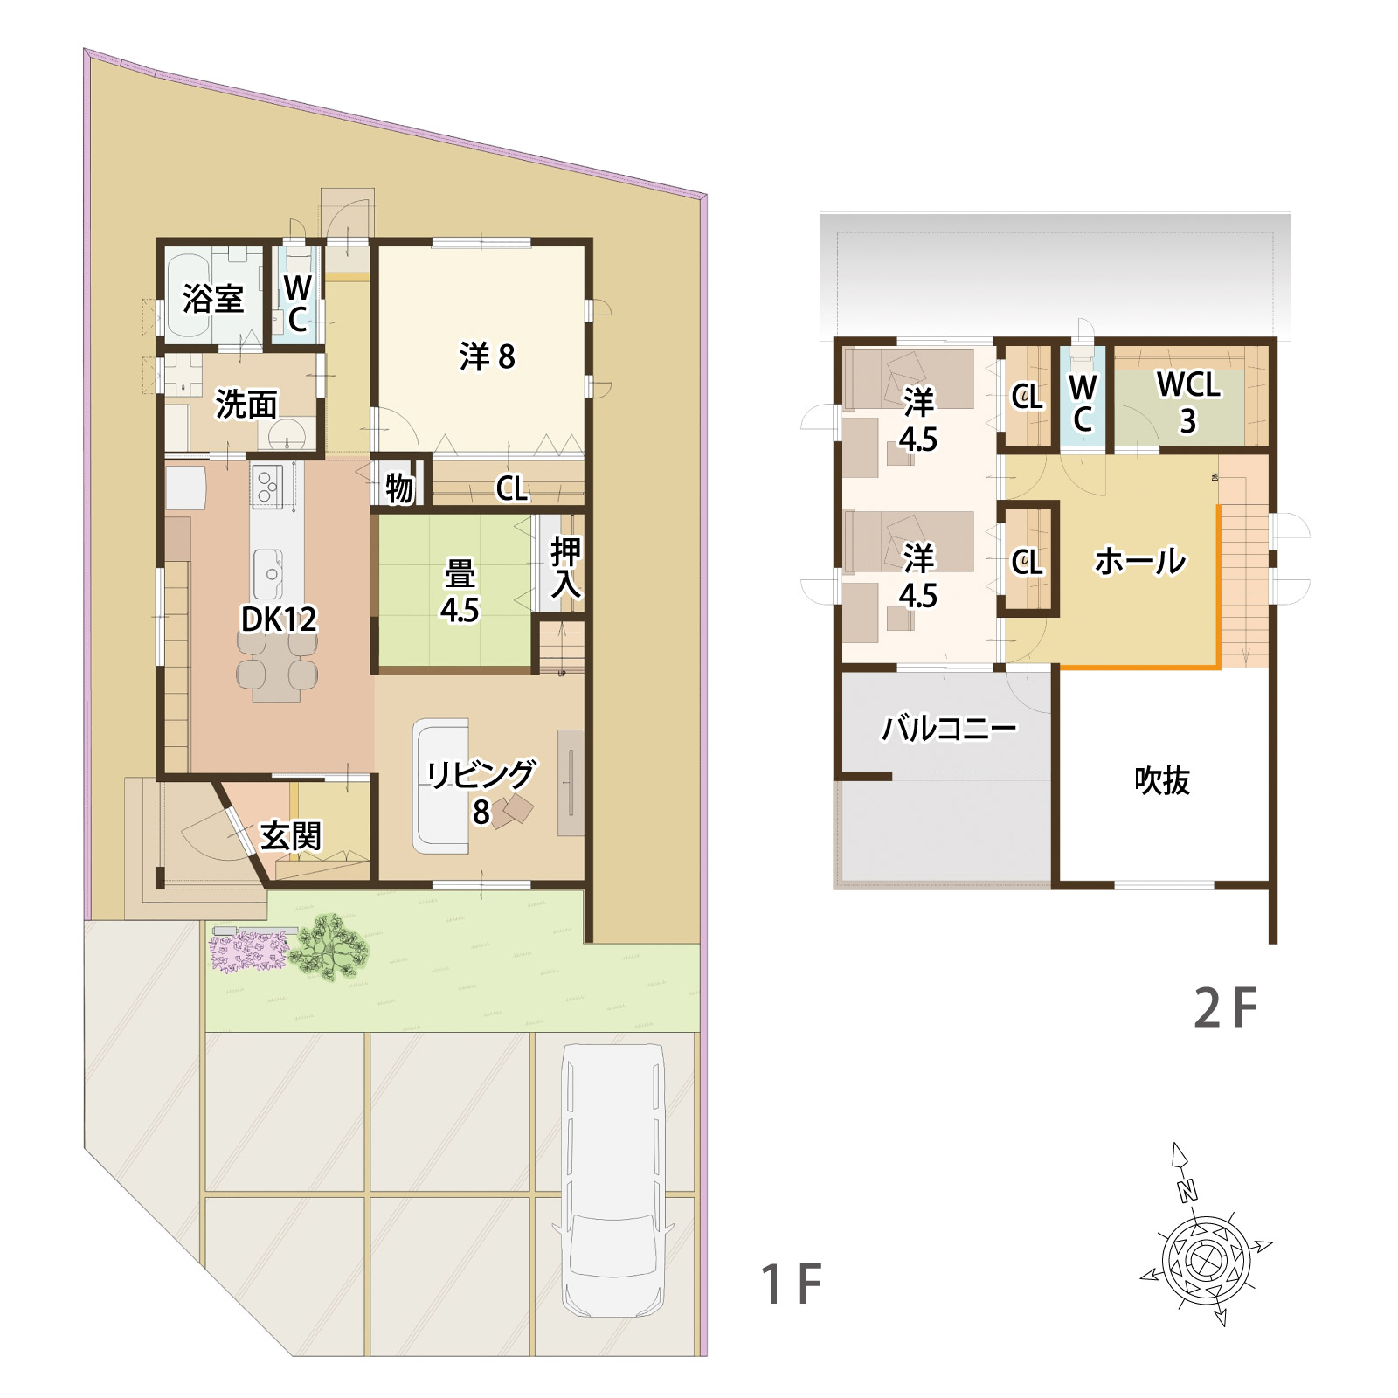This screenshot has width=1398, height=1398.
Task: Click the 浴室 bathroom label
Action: click(213, 299)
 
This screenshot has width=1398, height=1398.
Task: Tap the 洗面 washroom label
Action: click(246, 405)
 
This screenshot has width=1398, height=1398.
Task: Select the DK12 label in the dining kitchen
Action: click(279, 619)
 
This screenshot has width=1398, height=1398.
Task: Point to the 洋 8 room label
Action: click(487, 356)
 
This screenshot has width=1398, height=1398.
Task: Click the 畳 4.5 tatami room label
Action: click(460, 592)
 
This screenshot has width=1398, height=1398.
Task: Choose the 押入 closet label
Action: click(565, 568)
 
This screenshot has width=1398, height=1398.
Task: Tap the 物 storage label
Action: click(399, 488)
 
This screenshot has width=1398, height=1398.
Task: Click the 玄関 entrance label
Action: click(291, 836)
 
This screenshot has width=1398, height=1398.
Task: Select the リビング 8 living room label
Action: click(481, 792)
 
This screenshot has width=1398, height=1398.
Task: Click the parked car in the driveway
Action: click(612, 1180)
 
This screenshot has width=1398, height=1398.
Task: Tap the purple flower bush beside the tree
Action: click(249, 951)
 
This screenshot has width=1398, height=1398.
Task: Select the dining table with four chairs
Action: click(277, 667)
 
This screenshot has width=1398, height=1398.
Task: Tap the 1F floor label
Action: click(792, 1284)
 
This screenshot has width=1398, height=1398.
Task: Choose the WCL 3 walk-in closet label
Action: click(1188, 402)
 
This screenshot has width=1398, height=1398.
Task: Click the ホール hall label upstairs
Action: click(1140, 561)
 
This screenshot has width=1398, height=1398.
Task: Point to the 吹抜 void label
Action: click(1162, 780)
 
